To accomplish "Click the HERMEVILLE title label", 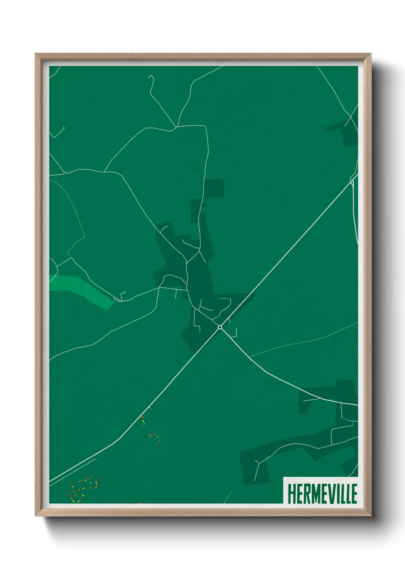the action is [x=322, y=493].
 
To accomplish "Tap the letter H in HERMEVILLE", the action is [x=291, y=494].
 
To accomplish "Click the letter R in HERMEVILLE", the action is [x=305, y=494].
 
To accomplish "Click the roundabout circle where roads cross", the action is [x=220, y=327].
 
